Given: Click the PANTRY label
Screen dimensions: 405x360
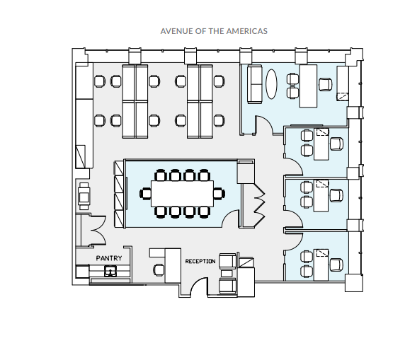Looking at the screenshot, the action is click(109, 258).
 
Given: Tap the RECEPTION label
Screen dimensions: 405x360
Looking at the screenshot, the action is click(200, 262).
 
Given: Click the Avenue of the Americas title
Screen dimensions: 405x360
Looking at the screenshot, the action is click(214, 31).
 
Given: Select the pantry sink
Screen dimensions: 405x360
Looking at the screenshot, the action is click(110, 271).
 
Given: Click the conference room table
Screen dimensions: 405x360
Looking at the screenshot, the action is click(183, 194).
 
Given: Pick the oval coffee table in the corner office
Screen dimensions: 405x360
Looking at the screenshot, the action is click(271, 84).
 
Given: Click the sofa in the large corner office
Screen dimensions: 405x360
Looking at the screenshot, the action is click(255, 84).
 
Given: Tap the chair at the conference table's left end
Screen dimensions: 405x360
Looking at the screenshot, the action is click(145, 194).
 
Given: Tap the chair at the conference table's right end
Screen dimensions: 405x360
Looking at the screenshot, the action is click(219, 194).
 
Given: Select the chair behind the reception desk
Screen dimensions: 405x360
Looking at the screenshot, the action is click(159, 270).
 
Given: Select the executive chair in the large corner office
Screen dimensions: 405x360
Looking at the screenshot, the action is click(326, 84).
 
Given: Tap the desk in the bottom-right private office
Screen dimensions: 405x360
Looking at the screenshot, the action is click(321, 265).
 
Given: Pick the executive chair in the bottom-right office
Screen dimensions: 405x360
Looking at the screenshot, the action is click(336, 265).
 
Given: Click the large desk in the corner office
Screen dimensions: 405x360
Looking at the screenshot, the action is click(308, 86).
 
